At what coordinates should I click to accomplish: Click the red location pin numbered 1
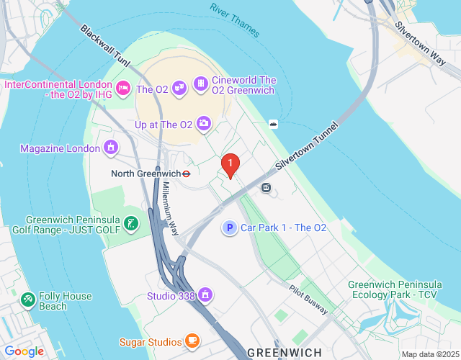tap(230, 166)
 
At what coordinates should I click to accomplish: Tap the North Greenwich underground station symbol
tap(186, 174)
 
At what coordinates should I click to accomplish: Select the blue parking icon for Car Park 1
tap(229, 228)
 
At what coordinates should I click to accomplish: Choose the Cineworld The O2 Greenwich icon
tap(200, 86)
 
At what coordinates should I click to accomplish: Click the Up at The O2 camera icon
tap(205, 125)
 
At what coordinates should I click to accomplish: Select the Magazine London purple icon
tap(111, 148)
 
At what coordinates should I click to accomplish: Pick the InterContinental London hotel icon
tap(122, 89)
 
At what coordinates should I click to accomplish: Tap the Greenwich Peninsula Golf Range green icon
tap(130, 224)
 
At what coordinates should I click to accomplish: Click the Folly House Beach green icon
tap(28, 299)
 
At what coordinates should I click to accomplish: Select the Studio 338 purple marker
tap(206, 295)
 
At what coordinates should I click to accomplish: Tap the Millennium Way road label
tap(170, 209)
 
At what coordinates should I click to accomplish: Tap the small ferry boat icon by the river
tap(274, 123)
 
